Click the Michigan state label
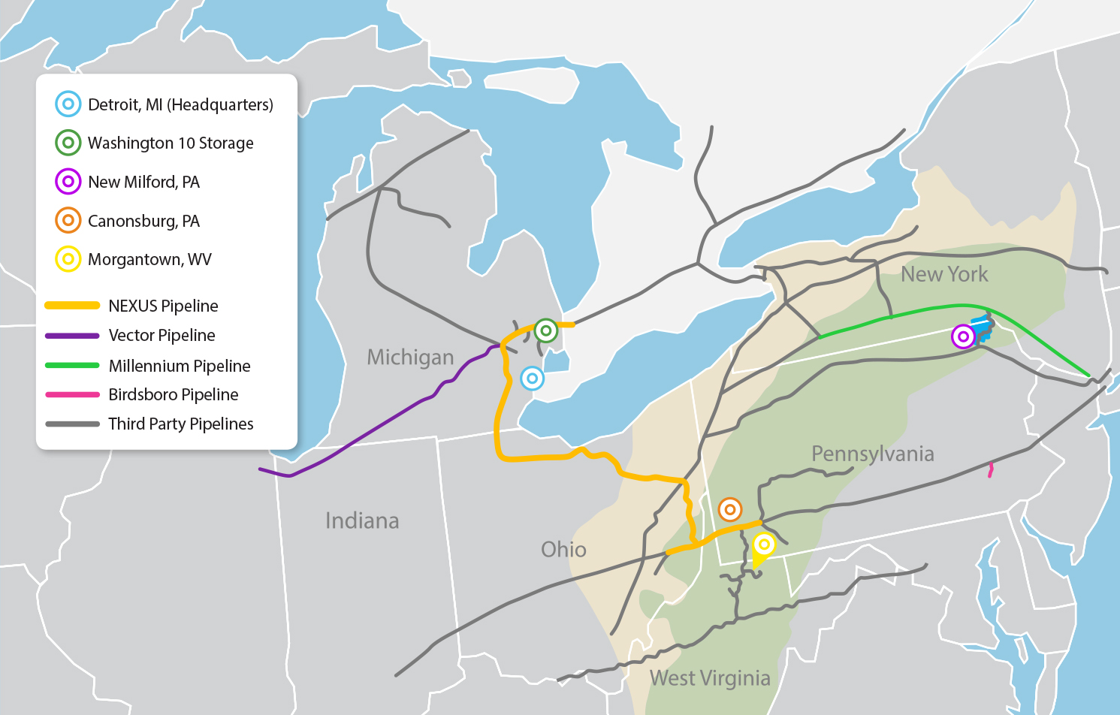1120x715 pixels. click(x=410, y=357)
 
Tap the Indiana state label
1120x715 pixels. click(x=362, y=520)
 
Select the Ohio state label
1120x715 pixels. click(x=563, y=550)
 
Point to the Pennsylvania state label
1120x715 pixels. click(x=873, y=454)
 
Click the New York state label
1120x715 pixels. click(x=944, y=274)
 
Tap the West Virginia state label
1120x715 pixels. click(x=710, y=678)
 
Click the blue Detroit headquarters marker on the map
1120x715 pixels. click(x=532, y=379)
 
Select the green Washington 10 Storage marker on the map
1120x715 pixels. click(x=546, y=330)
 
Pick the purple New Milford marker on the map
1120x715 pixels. click(x=963, y=336)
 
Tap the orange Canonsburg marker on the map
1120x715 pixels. click(x=729, y=509)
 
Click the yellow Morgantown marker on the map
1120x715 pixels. click(x=764, y=545)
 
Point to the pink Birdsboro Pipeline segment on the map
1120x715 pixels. click(x=991, y=470)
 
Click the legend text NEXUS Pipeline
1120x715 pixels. click(x=163, y=306)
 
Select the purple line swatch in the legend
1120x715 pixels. click(x=72, y=336)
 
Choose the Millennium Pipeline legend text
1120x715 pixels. click(x=180, y=366)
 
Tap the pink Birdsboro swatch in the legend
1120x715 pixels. click(x=72, y=394)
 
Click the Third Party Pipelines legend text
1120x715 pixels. click(x=181, y=424)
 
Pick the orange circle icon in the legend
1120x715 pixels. click(x=68, y=221)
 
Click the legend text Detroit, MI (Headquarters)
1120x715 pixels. click(x=180, y=104)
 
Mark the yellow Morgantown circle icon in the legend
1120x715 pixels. click(x=68, y=259)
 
